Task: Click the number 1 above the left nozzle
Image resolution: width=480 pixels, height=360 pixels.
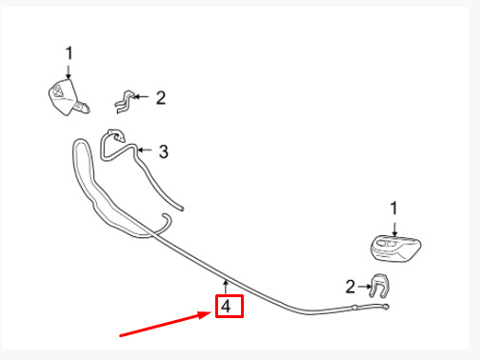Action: coord(70,53)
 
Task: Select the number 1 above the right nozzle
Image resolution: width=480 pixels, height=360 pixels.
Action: coord(393,209)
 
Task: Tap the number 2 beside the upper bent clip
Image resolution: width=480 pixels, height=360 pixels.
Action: coord(161,98)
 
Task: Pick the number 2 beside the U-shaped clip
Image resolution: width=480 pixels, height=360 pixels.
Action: coord(350,287)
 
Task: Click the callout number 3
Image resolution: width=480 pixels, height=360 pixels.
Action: coord(163,151)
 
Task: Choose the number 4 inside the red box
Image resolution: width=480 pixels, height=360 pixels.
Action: coord(226,307)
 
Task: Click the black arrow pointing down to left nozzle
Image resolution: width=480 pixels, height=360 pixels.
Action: coord(69,71)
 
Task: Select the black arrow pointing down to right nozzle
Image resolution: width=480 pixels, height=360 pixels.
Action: coord(394,230)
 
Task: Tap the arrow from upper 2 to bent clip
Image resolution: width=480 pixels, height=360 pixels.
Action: coord(141,96)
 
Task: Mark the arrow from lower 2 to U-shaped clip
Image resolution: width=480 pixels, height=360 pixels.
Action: coord(365,287)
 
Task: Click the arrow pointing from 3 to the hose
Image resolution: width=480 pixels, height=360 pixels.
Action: coord(146,150)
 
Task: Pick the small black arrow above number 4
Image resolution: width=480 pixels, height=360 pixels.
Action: coord(226,287)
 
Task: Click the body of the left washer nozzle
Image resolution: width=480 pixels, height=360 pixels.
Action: coord(63,96)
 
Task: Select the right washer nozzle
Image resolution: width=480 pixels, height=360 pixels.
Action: coord(395,249)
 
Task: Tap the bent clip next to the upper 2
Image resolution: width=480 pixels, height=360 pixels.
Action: coord(125,102)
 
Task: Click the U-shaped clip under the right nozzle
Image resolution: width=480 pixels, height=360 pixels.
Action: coord(378,286)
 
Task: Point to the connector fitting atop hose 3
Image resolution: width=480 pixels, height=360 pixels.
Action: coord(116,135)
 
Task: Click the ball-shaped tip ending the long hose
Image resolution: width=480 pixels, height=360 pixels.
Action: coord(386,307)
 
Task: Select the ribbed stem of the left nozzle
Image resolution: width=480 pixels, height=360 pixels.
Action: coord(82,108)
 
